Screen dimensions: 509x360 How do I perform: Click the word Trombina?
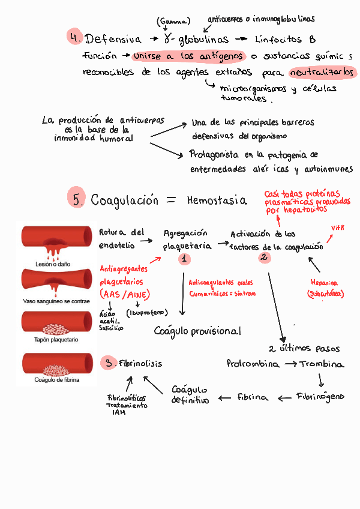[x=322, y=364]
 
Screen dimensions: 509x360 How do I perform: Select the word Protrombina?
[x=253, y=364]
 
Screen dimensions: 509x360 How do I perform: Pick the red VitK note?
[x=339, y=228]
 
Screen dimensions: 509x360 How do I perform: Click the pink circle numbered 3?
[x=108, y=363]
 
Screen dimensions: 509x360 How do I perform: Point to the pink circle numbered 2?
[x=265, y=257]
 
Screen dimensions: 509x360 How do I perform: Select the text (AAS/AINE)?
[x=125, y=294]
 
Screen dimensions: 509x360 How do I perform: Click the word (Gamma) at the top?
[x=173, y=22]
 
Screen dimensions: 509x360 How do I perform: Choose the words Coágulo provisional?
[x=197, y=331]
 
